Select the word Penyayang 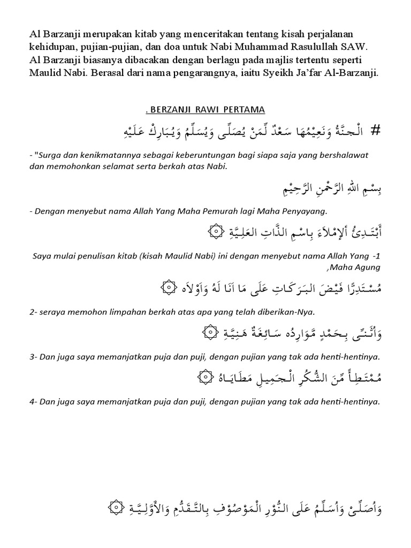point(297,211)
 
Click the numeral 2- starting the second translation point(33,311)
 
